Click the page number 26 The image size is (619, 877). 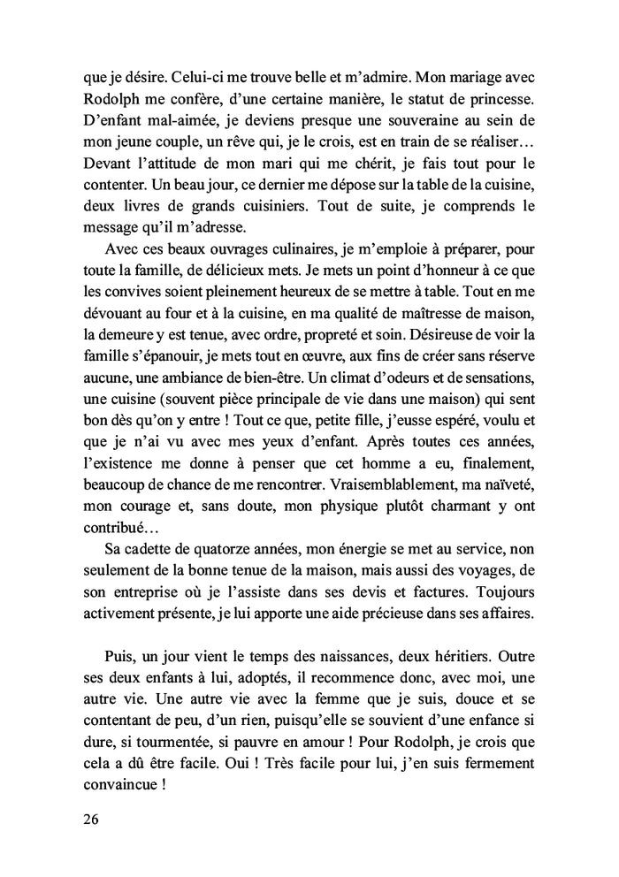(x=89, y=818)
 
